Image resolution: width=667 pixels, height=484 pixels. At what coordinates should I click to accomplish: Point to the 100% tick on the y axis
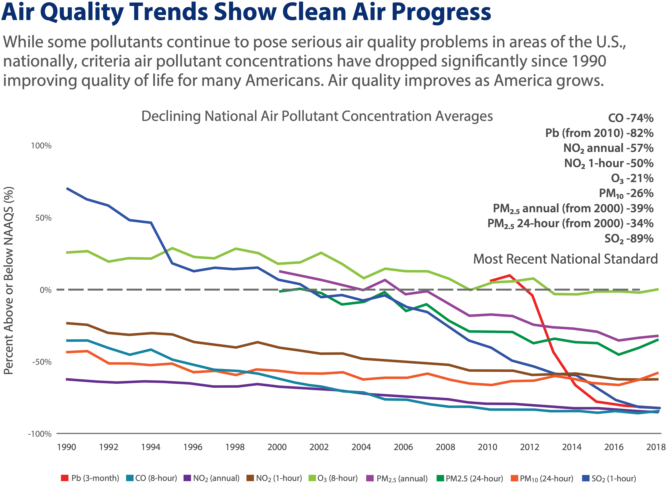41,146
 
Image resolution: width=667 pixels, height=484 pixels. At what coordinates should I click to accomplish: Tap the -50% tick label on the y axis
41,362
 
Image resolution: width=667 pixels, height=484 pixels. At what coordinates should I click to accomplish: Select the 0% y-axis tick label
45,290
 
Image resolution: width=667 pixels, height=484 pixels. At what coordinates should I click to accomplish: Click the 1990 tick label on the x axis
66,447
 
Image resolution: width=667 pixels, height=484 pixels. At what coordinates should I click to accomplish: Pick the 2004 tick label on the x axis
361,447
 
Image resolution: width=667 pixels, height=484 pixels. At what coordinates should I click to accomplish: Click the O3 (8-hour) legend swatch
312,478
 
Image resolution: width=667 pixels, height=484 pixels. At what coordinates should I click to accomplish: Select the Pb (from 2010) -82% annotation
599,133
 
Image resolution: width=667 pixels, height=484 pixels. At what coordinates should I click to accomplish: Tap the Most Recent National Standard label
565,259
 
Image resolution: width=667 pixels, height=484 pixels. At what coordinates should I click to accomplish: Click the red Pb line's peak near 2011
510,275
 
